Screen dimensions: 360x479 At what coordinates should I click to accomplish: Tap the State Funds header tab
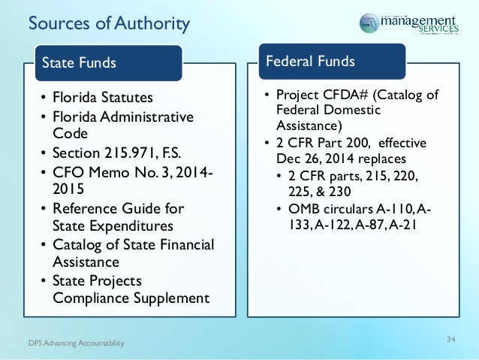tap(79, 62)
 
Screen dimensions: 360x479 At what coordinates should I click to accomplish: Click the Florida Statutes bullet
tap(102, 98)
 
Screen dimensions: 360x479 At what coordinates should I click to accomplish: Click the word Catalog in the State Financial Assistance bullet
tap(78, 244)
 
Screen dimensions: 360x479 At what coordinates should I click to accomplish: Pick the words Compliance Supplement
tap(131, 298)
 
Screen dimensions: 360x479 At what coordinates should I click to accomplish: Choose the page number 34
tap(450, 340)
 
